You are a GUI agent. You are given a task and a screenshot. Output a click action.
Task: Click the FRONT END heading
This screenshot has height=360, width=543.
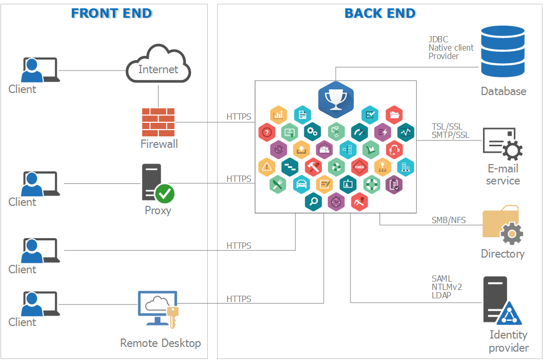pos(111,14)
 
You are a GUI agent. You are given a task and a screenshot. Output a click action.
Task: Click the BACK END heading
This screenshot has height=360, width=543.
pos(380,14)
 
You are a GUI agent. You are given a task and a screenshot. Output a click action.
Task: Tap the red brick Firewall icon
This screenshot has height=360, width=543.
pos(158,122)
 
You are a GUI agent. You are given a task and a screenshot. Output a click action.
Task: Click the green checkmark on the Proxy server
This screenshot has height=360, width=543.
pos(165,194)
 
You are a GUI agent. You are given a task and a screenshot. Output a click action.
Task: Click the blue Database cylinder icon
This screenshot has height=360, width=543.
pos(503,52)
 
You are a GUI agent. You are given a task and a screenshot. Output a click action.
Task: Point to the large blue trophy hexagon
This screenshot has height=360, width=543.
pos(336,98)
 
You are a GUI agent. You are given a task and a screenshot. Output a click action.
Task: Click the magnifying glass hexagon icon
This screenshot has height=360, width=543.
pos(314,202)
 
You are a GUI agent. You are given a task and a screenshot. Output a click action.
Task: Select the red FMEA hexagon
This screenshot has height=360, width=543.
pos(359,168)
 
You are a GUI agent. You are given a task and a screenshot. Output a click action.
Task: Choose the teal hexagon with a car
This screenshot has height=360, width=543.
pos(301,184)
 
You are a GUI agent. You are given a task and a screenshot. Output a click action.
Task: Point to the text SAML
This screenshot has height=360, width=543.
pos(442,279)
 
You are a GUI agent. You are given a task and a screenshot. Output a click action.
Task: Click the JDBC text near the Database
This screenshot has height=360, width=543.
pos(438,39)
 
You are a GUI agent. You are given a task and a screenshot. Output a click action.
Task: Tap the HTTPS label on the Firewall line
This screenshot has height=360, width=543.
pos(239,117)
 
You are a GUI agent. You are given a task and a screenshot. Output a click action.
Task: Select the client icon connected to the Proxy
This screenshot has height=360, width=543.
pos(33,183)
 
